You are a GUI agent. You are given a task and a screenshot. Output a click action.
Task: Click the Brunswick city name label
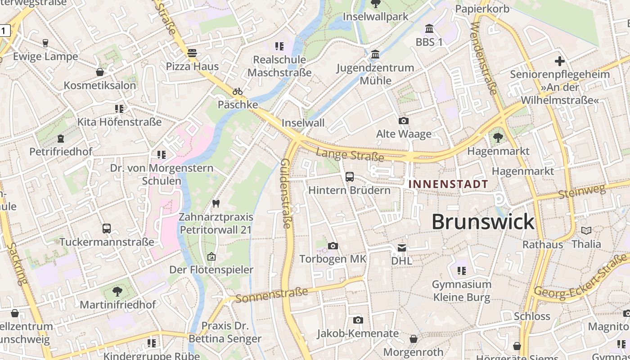click(483, 222)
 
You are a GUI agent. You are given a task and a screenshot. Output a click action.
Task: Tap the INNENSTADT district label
click(448, 184)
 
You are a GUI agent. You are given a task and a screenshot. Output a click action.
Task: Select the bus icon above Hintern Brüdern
click(350, 177)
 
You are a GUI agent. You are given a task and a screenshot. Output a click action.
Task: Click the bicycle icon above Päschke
click(238, 91)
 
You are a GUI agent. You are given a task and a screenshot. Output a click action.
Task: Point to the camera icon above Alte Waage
click(404, 121)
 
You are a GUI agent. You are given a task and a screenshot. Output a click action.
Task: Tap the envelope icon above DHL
click(401, 247)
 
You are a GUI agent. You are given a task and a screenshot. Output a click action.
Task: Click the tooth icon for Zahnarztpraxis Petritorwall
click(216, 203)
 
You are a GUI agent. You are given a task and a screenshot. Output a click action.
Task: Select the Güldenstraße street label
click(287, 193)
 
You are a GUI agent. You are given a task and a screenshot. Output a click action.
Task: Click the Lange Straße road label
click(350, 155)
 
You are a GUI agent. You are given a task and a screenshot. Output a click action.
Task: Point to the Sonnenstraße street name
click(272, 295)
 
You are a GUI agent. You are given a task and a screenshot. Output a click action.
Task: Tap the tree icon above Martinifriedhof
click(117, 292)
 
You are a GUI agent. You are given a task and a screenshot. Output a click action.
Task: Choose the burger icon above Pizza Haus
click(192, 53)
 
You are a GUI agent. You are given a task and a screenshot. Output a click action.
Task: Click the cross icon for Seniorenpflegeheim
click(560, 61)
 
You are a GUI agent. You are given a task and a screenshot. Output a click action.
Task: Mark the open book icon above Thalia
click(586, 231)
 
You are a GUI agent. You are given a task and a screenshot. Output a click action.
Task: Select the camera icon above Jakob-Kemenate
click(358, 320)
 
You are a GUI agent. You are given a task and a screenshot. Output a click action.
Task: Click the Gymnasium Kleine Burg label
click(462, 291)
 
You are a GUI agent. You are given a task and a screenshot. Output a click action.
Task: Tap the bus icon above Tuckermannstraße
click(107, 229)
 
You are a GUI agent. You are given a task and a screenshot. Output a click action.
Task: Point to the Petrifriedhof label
click(61, 152)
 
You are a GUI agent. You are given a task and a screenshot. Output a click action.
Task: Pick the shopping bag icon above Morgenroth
click(413, 339)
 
